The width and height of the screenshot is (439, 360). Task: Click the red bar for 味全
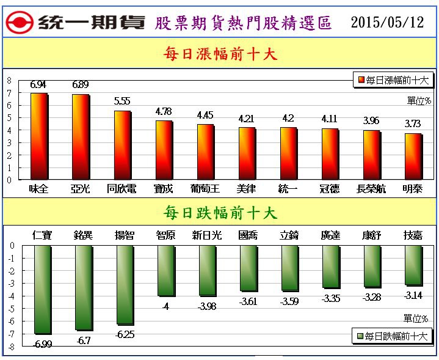[x=38, y=136]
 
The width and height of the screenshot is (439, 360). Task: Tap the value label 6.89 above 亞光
[x=81, y=85]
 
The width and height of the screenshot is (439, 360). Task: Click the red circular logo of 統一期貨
[x=18, y=23]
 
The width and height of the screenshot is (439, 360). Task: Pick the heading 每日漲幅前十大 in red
[x=220, y=54]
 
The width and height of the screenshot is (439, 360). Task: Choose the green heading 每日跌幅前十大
[x=220, y=213]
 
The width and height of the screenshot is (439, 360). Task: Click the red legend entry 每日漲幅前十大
[x=393, y=80]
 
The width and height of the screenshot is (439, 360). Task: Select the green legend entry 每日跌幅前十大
[x=393, y=336]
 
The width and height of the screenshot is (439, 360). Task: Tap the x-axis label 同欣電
[x=121, y=189]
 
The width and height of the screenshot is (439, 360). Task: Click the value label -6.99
[x=42, y=344]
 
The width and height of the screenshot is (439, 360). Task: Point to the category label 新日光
[x=207, y=235]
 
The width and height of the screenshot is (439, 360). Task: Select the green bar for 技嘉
[x=413, y=265]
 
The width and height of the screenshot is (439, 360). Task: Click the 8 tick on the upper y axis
[x=9, y=80]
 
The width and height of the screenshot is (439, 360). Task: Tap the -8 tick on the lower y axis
[x=10, y=347]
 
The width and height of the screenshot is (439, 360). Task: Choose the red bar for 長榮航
[x=371, y=155]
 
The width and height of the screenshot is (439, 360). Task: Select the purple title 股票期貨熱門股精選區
[x=244, y=23]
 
